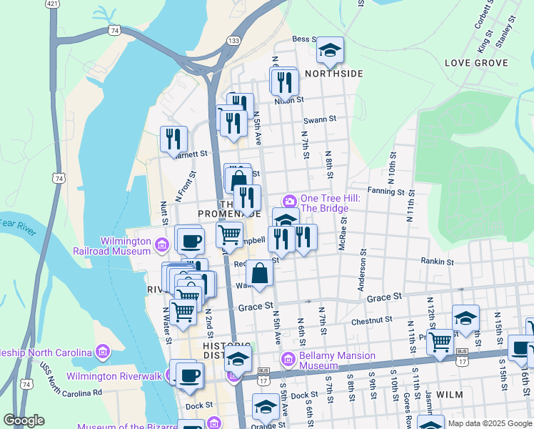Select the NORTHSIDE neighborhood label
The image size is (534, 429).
tap(334, 74)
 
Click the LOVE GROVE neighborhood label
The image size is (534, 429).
tap(475, 63)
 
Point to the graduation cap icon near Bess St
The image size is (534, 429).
tap(330, 50)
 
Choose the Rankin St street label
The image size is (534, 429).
tap(438, 262)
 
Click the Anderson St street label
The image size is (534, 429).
tap(363, 270)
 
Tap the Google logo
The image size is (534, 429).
tap(24, 420)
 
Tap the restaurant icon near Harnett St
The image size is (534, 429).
tap(173, 139)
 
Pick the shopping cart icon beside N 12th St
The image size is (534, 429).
tap(440, 342)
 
